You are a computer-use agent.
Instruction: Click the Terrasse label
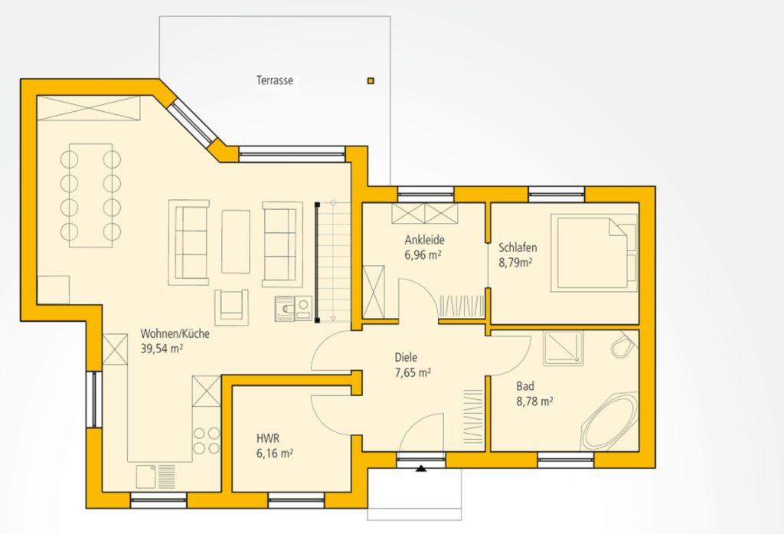[275, 80]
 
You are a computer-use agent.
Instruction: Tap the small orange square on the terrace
[371, 80]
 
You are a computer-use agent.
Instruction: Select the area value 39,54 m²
[162, 349]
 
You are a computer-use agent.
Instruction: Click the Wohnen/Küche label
[175, 333]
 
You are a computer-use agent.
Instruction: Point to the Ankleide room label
[424, 240]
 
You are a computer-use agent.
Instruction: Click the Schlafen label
[518, 247]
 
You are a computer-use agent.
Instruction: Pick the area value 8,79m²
[515, 262]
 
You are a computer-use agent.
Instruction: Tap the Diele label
[406, 357]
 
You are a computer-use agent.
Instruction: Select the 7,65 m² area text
[413, 372]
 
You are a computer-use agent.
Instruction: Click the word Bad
[525, 386]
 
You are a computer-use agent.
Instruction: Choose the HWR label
[267, 439]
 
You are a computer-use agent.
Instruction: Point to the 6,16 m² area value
[275, 454]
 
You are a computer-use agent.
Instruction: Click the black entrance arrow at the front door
[422, 469]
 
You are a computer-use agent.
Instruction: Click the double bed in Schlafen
[594, 252]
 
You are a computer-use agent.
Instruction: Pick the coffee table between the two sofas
[236, 241]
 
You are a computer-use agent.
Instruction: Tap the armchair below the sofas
[231, 306]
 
